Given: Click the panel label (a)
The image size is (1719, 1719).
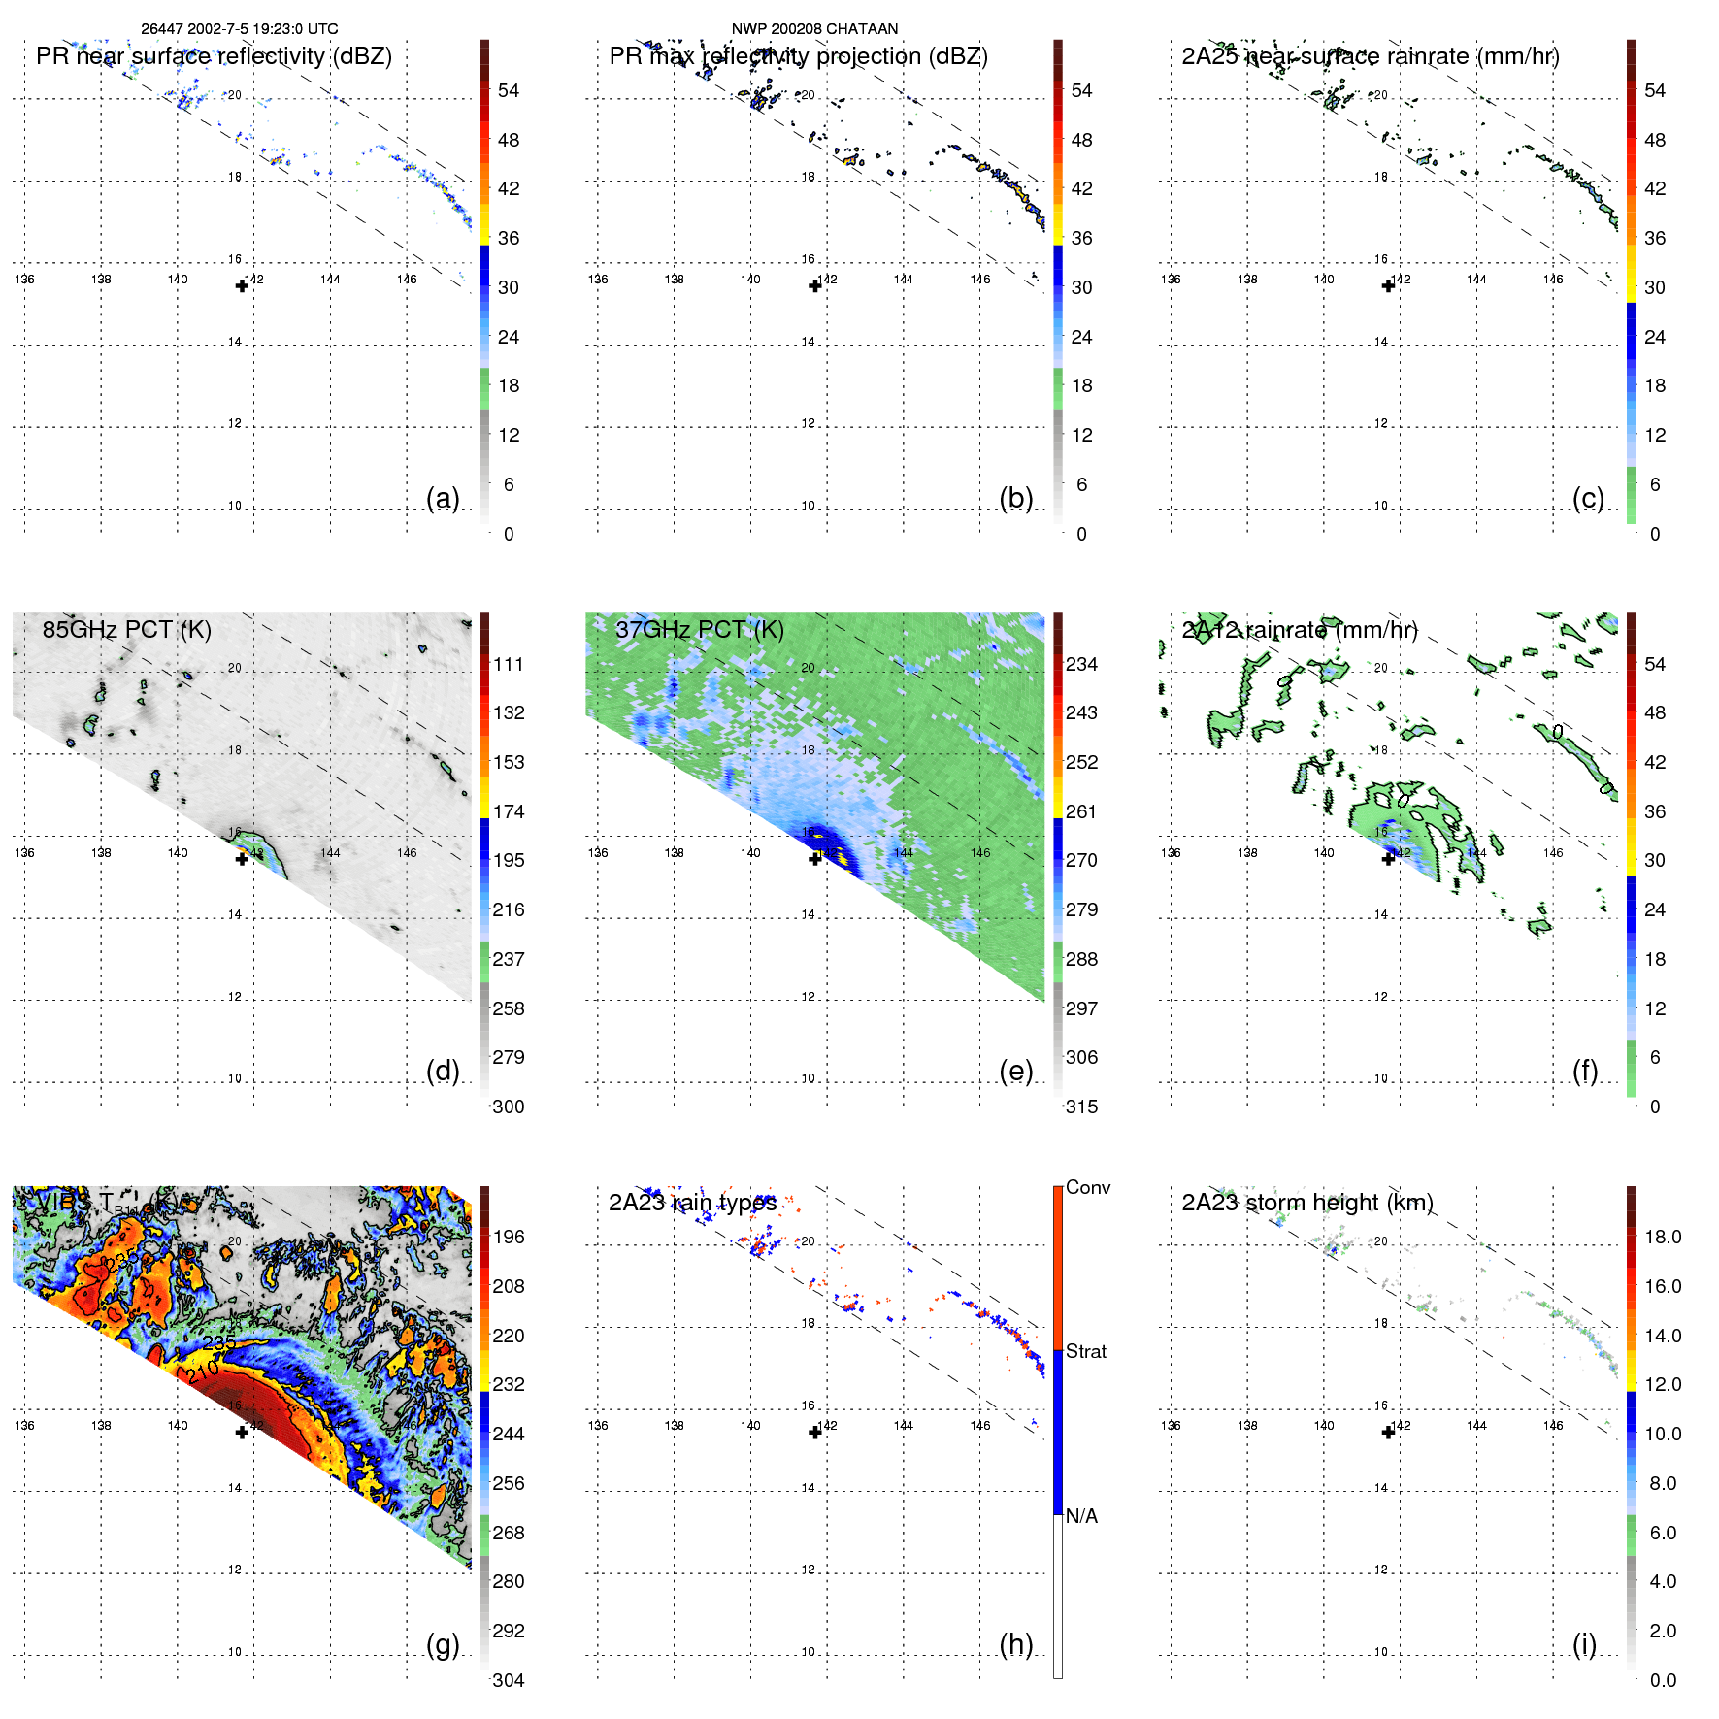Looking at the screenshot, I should tap(443, 498).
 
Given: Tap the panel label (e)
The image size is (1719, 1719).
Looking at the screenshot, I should tap(1015, 1071).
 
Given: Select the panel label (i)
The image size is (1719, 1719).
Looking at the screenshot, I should tap(1584, 1644).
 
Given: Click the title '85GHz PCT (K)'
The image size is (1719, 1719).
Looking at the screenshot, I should tap(127, 629).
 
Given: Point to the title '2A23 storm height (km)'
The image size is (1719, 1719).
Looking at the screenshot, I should tap(1306, 1203).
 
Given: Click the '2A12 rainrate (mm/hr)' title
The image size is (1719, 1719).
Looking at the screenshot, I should tap(1300, 630).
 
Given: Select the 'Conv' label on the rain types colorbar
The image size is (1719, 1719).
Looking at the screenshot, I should tap(1087, 1187).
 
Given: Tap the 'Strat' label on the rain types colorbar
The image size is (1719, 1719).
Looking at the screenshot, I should tap(1085, 1351).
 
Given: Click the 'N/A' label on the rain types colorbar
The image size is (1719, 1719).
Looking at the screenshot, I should tap(1081, 1516).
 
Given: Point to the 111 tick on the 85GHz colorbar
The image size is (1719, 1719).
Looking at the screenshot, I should tap(509, 664).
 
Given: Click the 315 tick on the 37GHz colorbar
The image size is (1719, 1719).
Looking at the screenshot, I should tap(1081, 1107).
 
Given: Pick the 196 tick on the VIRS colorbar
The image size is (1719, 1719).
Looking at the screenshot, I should tap(509, 1237).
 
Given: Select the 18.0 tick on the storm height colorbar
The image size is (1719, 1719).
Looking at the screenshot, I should tap(1663, 1237).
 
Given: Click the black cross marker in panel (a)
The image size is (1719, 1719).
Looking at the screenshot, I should tap(242, 285).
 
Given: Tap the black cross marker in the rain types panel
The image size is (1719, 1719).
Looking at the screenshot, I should tap(815, 1432).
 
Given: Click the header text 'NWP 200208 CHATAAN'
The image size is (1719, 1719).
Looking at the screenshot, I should tap(814, 29).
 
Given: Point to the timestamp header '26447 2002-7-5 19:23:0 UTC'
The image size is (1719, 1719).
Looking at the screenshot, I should tap(240, 29).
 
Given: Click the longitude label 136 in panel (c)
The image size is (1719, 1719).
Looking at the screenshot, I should tap(1171, 280).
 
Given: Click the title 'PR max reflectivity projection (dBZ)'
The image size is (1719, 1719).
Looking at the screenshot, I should tap(798, 56).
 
